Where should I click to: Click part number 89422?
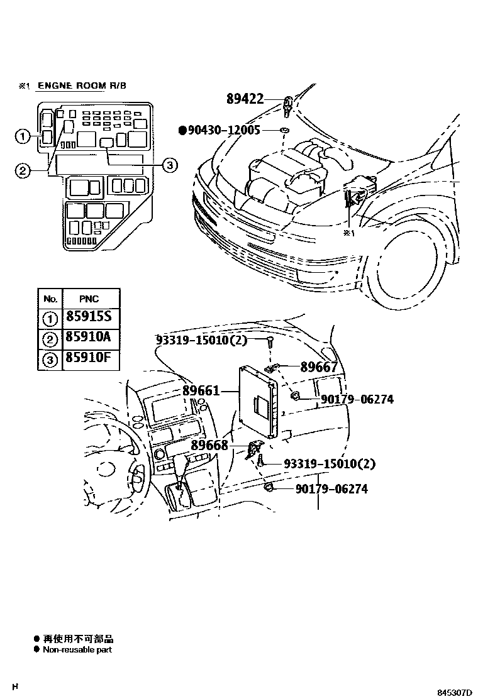[245, 99]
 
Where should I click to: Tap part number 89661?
[201, 391]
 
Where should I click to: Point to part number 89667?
[319, 368]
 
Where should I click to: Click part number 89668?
[209, 445]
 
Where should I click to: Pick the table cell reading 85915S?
[88, 317]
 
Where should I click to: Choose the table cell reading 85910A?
[88, 338]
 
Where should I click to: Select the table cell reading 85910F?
[88, 359]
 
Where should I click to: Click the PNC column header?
[89, 299]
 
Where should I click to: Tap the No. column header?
[50, 299]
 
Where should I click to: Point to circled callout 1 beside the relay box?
[22, 136]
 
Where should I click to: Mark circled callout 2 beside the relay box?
[22, 170]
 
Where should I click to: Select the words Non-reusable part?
[77, 650]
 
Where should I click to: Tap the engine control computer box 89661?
[258, 402]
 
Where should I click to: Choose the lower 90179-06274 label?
[331, 488]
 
